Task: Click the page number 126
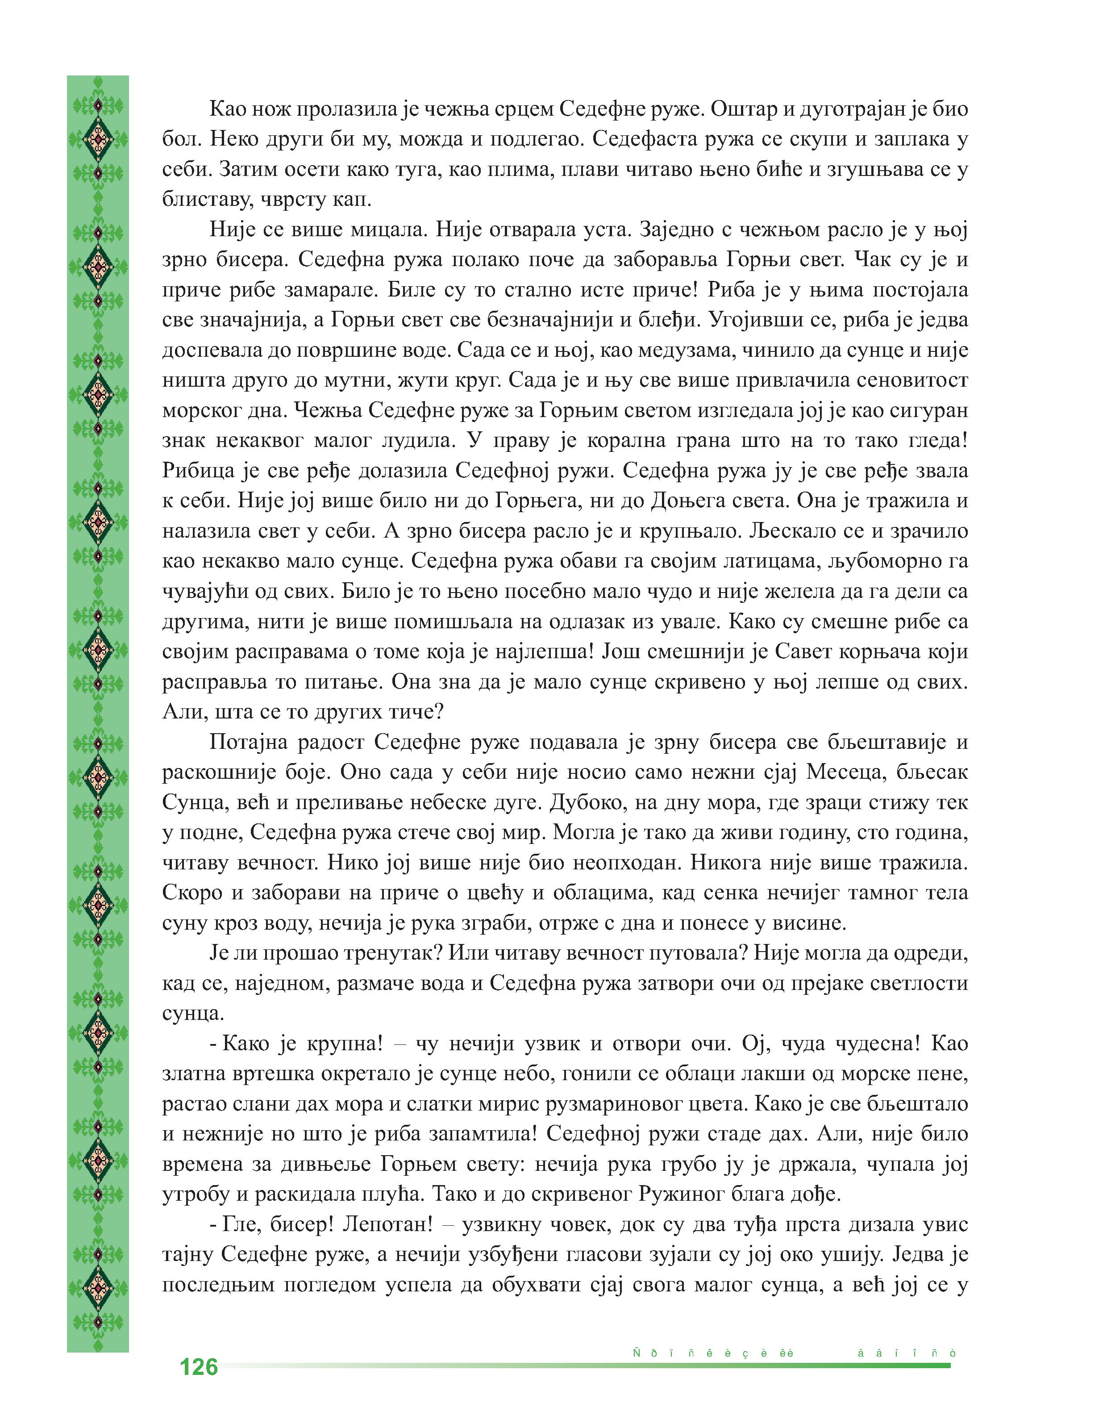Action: (x=199, y=1366)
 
